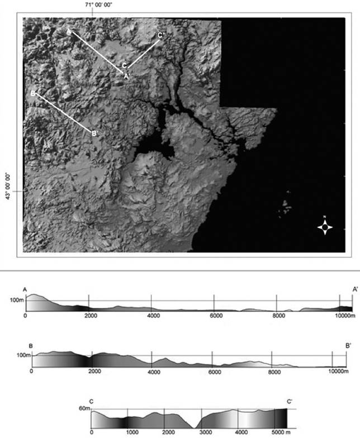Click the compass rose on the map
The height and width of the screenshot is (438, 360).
coord(325,227)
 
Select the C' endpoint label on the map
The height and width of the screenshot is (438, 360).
coord(160,36)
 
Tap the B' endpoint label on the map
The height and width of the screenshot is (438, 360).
coord(95,134)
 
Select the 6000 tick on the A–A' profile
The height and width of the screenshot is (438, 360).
coord(215,316)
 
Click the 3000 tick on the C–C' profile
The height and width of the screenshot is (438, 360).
coord(205,432)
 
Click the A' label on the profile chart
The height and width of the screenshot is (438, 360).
coord(355,289)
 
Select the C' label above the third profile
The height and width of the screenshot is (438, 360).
coord(290,401)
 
